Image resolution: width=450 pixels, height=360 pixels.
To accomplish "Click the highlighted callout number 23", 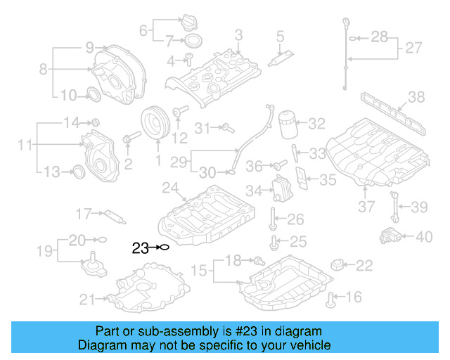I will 139,247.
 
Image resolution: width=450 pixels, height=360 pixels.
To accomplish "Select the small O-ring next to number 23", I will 164,247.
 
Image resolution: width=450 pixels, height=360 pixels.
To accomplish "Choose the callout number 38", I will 416,97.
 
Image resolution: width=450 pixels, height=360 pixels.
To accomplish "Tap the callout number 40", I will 423,237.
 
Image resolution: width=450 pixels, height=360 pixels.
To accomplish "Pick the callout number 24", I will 170,188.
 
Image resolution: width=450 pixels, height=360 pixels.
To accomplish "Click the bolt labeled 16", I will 330,301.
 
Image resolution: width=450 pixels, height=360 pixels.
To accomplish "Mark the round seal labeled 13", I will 79,170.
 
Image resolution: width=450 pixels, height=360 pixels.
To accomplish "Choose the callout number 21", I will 87,300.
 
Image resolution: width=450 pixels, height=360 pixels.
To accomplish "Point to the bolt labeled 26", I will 271,220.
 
